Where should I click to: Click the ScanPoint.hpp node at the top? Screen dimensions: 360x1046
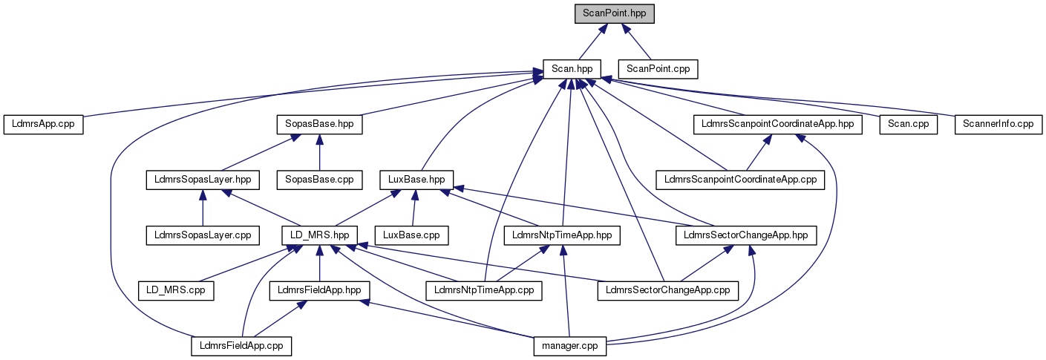pyautogui.click(x=615, y=13)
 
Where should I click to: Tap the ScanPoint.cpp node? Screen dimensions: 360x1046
pyautogui.click(x=658, y=68)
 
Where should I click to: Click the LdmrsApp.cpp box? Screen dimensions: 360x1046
pyautogui.click(x=43, y=124)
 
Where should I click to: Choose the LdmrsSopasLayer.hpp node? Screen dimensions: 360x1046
pyautogui.click(x=202, y=179)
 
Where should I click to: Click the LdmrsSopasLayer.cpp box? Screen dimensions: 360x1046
pyautogui.click(x=202, y=235)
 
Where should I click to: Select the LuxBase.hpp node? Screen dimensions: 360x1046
pyautogui.click(x=416, y=179)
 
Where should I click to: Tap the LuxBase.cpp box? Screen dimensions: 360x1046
pyautogui.click(x=412, y=235)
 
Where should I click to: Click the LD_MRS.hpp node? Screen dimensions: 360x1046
pyautogui.click(x=320, y=235)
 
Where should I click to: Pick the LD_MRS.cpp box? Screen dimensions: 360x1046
pyautogui.click(x=176, y=290)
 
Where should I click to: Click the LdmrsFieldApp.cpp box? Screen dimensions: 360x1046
pyautogui.click(x=241, y=345)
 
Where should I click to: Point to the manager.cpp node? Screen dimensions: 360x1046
pyautogui.click(x=570, y=345)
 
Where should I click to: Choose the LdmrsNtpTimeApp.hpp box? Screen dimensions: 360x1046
pyautogui.click(x=562, y=235)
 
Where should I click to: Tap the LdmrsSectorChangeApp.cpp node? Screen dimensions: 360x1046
pyautogui.click(x=668, y=290)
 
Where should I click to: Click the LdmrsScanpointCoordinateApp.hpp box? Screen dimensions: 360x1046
pyautogui.click(x=777, y=124)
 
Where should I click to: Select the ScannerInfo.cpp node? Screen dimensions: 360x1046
pyautogui.click(x=998, y=124)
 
